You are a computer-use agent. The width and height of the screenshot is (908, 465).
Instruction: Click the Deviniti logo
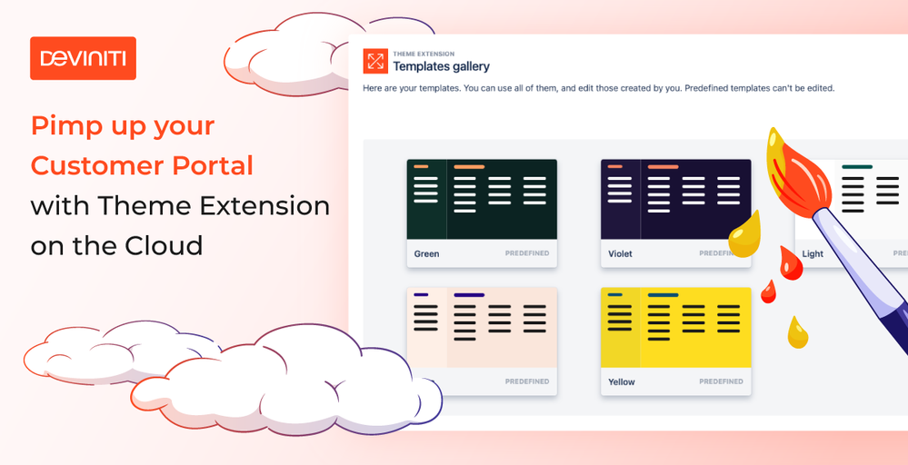(x=83, y=58)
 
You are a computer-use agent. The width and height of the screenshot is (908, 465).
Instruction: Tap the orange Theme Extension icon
(x=375, y=62)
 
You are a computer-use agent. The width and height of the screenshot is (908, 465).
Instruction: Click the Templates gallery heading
(x=441, y=66)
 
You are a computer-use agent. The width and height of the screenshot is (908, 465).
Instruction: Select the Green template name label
(x=427, y=253)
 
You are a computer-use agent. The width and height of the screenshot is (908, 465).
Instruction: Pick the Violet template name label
(x=620, y=253)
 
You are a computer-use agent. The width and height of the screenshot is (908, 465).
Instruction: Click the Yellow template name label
(x=622, y=381)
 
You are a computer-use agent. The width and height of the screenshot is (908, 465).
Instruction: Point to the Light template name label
(x=813, y=254)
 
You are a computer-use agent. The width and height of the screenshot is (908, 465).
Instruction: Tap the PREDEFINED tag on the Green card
(x=527, y=253)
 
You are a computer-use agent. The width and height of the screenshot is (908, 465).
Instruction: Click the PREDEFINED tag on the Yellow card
(x=721, y=381)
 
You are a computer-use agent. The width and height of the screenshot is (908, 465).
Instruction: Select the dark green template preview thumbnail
(x=482, y=200)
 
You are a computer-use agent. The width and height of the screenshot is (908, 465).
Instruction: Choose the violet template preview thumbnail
(x=676, y=200)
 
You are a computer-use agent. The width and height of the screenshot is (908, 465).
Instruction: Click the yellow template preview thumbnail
(x=676, y=327)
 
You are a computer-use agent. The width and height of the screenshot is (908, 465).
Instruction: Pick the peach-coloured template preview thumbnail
(x=482, y=327)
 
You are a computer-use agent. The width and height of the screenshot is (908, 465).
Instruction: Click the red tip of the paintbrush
(x=793, y=168)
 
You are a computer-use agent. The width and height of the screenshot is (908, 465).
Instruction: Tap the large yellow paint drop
(x=744, y=235)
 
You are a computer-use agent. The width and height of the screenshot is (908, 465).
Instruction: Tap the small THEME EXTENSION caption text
(x=424, y=54)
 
